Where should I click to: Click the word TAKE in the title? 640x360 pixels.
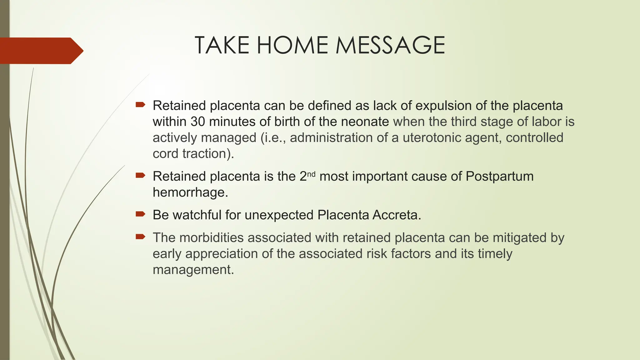222,45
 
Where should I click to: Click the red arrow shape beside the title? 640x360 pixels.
41,51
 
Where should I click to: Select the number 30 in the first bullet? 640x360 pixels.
197,122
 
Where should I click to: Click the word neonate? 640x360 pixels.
365,122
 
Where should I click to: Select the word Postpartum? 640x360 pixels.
499,176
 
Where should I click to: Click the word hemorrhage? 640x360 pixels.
190,192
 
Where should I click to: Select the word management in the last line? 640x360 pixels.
193,270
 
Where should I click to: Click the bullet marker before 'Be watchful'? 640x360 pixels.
140,214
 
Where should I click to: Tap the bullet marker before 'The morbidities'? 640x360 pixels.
140,237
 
